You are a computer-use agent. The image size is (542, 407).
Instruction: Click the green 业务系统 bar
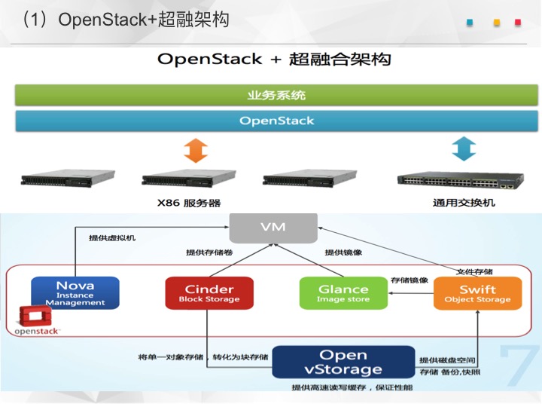click(x=276, y=95)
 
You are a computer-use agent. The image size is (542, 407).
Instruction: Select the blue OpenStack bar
click(x=276, y=121)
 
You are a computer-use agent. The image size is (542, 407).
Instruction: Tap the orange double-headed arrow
click(x=196, y=151)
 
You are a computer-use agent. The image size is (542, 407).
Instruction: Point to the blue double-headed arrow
click(x=464, y=148)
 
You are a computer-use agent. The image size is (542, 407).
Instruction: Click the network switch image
click(x=461, y=180)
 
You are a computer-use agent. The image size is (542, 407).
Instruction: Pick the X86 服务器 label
click(x=189, y=203)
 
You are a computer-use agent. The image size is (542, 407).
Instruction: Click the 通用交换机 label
click(x=464, y=203)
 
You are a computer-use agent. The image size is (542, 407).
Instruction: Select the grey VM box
click(x=273, y=228)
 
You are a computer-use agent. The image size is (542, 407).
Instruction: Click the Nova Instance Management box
click(x=75, y=292)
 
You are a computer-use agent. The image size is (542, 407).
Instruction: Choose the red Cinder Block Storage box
click(x=209, y=292)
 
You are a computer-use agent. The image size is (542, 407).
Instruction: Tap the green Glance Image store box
click(x=343, y=292)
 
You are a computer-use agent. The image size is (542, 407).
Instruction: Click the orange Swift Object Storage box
click(x=477, y=292)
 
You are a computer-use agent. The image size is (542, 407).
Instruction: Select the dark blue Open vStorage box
click(x=343, y=362)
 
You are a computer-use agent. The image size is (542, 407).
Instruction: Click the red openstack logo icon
click(x=35, y=316)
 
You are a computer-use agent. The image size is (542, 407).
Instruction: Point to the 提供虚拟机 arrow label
click(x=112, y=238)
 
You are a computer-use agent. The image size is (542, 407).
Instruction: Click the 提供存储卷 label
click(x=209, y=252)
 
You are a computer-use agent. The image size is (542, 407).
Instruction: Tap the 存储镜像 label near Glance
click(x=410, y=280)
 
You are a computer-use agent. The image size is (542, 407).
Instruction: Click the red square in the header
click(x=518, y=23)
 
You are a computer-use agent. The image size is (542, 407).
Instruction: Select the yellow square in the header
click(x=497, y=23)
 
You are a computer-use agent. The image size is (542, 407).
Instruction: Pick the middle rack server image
click(x=189, y=178)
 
